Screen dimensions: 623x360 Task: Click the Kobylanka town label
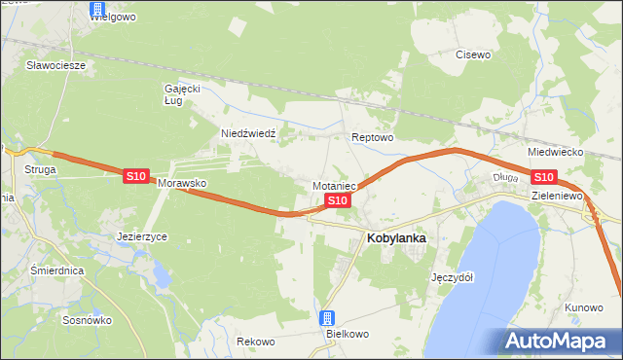pos(396,236)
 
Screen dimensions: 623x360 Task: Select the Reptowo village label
pos(372,138)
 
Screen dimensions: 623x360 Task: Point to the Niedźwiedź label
pos(249,133)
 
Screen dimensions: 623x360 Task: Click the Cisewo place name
pos(473,55)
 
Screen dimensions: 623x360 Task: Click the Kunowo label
pos(584,307)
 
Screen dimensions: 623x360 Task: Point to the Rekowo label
pos(255,342)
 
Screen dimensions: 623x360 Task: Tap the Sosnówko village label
pos(87,320)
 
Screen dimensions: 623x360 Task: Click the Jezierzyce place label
pos(142,236)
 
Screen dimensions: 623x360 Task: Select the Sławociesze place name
pos(56,66)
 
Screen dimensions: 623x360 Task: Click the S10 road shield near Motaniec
pos(337,200)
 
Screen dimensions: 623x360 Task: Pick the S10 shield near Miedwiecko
pos(543,176)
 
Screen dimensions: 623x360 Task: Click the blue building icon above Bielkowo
pos(328,318)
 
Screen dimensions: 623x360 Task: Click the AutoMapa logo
pos(561,341)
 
